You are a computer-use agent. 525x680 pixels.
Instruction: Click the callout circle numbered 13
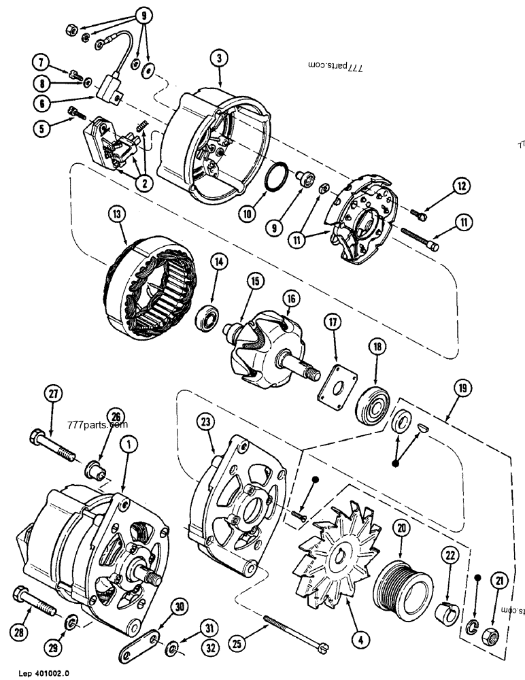(x=117, y=217)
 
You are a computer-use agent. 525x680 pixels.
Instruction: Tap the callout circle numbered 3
(x=219, y=58)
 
